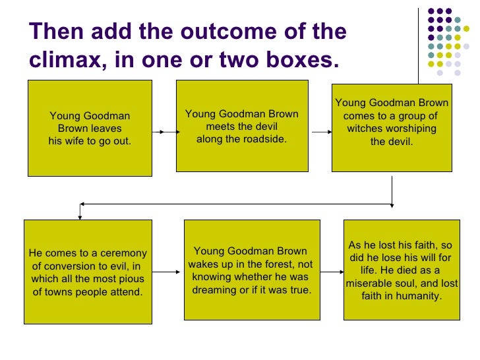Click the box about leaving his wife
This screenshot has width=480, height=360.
[x=90, y=128]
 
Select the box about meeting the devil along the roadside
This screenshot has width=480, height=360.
[x=241, y=125]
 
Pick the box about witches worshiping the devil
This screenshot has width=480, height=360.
[x=392, y=127]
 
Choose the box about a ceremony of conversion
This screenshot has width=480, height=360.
[x=88, y=271]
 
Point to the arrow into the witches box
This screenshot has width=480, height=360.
[x=322, y=132]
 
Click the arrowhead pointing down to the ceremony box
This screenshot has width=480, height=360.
[x=80, y=216]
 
